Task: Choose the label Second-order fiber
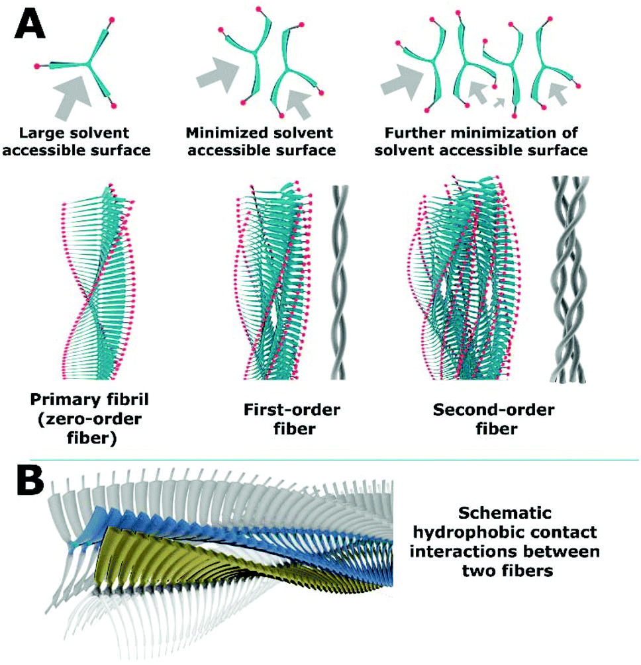point(485,420)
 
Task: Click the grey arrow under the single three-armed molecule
point(74,96)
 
